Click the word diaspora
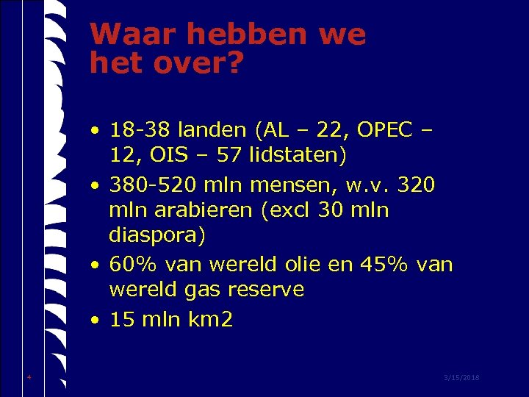point(157,236)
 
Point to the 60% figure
point(132,263)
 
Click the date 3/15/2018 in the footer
point(461,377)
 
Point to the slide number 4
point(29,377)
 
